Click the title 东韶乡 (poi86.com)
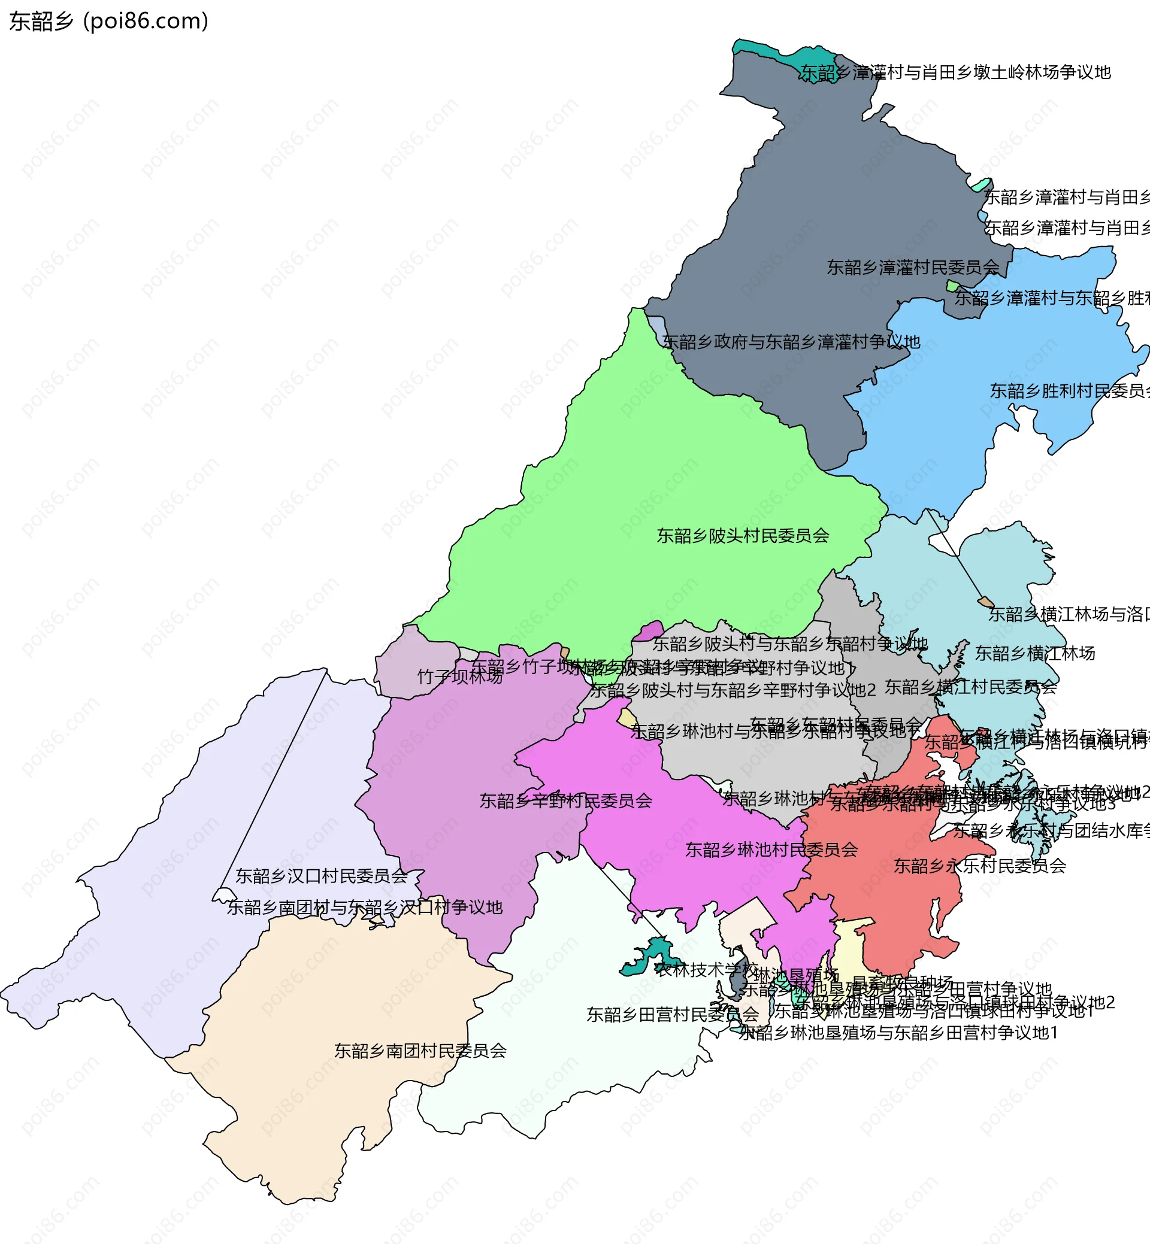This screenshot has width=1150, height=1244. [x=109, y=21]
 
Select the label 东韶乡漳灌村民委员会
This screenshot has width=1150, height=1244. [x=912, y=268]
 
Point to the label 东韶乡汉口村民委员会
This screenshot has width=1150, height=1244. [x=321, y=876]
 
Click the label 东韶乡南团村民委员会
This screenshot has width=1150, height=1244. [x=420, y=1051]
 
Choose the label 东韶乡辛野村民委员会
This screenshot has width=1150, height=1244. [x=565, y=800]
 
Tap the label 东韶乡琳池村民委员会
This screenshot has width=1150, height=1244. [x=771, y=849]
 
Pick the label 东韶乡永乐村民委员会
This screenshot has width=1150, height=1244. [x=979, y=866]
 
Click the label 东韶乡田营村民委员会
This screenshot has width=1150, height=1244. [x=672, y=1015]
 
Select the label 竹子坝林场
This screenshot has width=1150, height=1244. [x=459, y=676]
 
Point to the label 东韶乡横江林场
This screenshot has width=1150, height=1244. [x=1034, y=653]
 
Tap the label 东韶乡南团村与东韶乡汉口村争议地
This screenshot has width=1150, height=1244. [x=364, y=908]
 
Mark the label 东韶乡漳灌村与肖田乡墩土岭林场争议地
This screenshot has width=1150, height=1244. [x=955, y=73]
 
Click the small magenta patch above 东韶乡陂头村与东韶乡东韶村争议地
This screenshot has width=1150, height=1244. [x=649, y=630]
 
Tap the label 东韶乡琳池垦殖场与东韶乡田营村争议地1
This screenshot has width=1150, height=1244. [x=898, y=1033]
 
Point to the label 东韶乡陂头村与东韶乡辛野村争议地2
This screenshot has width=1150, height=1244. [x=733, y=690]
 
